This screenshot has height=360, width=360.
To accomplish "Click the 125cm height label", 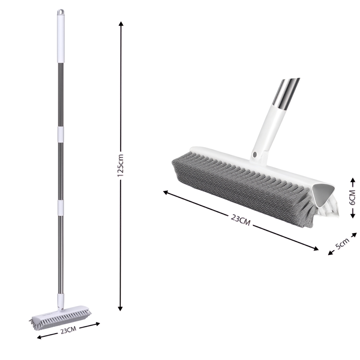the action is point(121,165).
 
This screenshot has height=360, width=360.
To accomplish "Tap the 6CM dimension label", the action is point(352,197).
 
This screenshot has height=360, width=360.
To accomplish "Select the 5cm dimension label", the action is point(342,243).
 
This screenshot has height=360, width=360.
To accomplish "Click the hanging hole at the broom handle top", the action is point(60,11).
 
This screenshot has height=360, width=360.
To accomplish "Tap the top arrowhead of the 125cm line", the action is point(121,24).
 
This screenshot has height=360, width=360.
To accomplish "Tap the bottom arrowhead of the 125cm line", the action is point(121,308).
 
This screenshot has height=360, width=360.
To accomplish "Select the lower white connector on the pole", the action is point(60,208).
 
